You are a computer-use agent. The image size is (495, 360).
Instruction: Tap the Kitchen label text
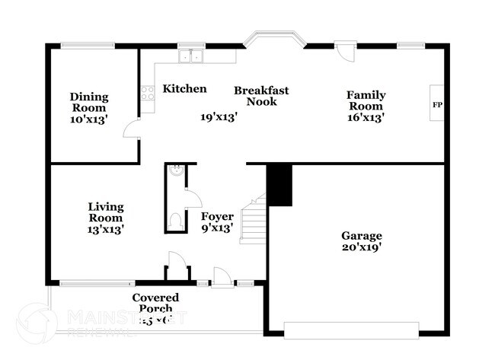tap(184, 89)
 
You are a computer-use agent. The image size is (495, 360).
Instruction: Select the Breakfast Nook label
tap(261, 95)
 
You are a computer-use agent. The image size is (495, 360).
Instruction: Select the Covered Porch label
tap(155, 303)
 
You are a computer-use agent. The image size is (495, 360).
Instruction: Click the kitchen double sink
tap(190, 55)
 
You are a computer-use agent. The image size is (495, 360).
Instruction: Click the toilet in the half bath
tap(175, 221)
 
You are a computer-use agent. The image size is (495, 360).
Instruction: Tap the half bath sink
tap(176, 172)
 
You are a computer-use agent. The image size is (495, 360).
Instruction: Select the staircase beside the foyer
tap(254, 219)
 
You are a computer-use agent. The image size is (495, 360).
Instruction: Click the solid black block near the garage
tap(279, 185)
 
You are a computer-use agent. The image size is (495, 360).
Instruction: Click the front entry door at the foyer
tap(223, 279)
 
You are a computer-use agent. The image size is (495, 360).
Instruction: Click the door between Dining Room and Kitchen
tap(133, 128)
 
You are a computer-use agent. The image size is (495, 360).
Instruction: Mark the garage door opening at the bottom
tap(351, 329)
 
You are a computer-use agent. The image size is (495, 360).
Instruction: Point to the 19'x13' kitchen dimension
tap(219, 117)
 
